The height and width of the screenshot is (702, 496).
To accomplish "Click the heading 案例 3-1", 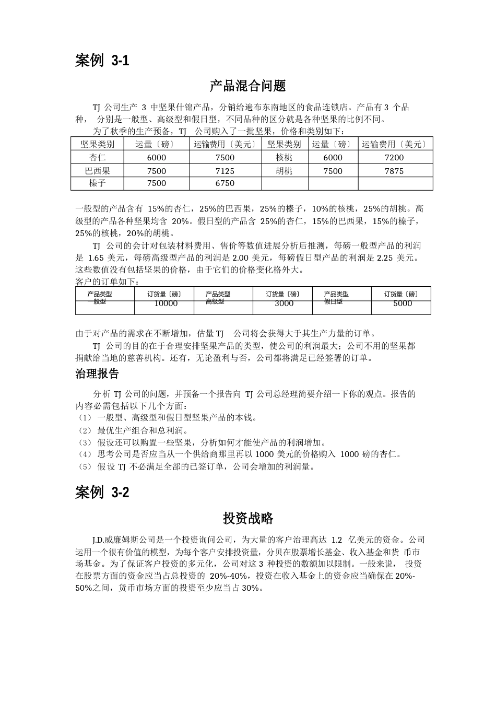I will coord(102,61).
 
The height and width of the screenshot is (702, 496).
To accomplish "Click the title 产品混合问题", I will coord(248,86).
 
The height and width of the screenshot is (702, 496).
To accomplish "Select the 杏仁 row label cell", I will coord(98,157).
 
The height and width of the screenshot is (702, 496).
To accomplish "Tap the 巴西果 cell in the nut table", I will coord(98,171).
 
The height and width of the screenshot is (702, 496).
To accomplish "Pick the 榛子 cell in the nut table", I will coord(98,183).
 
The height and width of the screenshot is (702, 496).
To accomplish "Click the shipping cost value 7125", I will coord(225,171).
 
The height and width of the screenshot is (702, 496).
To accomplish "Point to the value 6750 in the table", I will coord(225,183).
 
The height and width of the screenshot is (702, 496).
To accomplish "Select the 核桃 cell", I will coord(284,157).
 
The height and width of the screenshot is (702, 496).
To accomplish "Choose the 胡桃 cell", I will coord(284,171).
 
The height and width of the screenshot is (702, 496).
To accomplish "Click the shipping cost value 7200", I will coord(394,157).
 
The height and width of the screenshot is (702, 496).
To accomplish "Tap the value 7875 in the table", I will coord(394,171).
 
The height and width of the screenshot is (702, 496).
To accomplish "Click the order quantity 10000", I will coord(166,303).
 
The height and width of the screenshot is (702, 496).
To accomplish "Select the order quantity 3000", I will coord(284,303).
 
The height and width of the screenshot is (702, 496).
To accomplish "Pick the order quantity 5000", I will coord(403,303).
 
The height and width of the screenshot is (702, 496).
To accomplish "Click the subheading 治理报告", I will coord(97,374).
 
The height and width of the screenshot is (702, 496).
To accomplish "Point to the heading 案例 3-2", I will coord(102,492).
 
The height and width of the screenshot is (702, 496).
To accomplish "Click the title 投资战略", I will coord(248,518).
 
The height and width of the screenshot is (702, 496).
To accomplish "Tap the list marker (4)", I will coord(84,454).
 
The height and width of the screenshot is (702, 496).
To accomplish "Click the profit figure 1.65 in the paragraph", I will coord(96,258).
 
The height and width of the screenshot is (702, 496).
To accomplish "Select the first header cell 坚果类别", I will coord(98,144).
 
